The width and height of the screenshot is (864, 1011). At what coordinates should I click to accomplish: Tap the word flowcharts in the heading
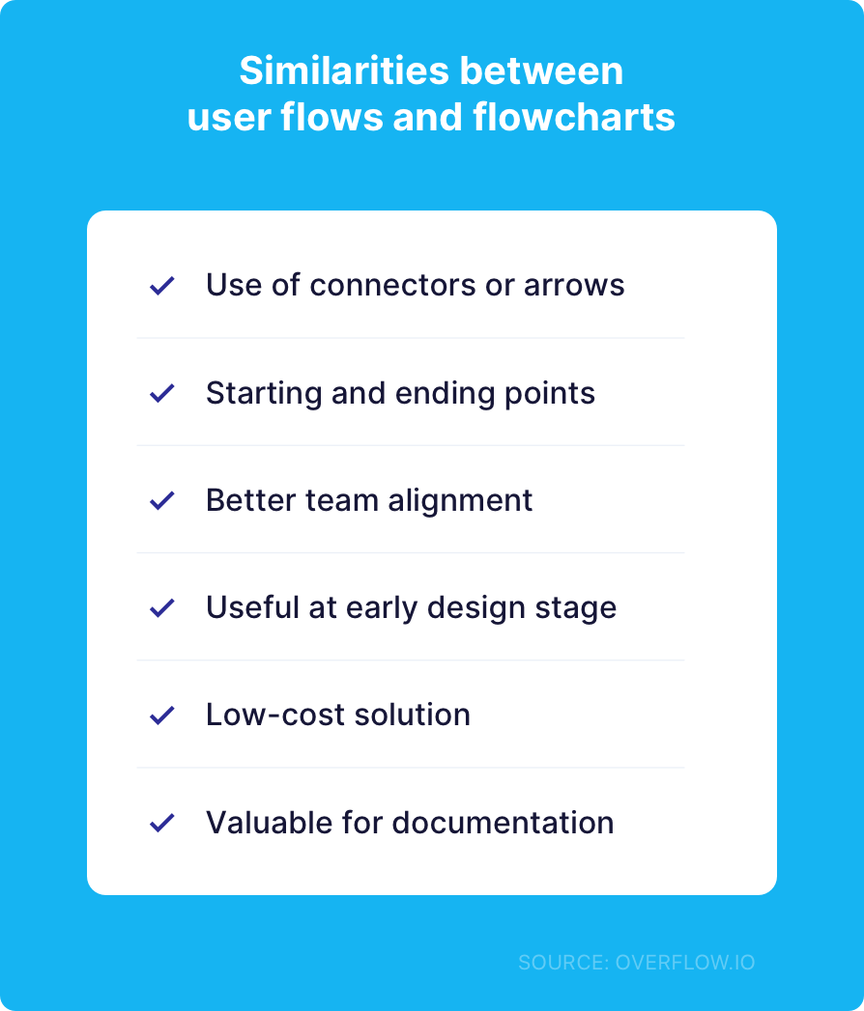[x=574, y=118]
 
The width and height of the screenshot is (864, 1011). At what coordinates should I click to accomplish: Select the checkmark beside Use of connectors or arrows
[x=161, y=286]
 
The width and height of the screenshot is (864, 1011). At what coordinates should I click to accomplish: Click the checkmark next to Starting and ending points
[x=161, y=393]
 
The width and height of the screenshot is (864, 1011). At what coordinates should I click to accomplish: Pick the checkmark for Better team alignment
[x=161, y=500]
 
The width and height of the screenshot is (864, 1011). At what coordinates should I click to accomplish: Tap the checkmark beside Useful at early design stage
[x=161, y=608]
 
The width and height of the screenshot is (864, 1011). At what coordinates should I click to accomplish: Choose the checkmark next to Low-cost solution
[x=161, y=716]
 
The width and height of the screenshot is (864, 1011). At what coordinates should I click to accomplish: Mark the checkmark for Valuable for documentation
[x=161, y=823]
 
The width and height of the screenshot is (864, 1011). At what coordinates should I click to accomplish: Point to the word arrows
[x=574, y=286]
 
